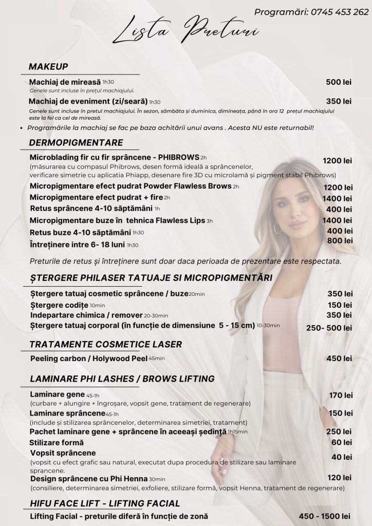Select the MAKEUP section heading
tap(48, 66)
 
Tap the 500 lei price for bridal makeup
tap(339, 82)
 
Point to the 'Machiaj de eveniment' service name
tap(88, 101)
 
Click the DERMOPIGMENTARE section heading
tap(76, 143)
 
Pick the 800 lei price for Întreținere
tap(340, 240)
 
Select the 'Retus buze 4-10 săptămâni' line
tap(81, 232)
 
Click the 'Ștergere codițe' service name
tap(59, 305)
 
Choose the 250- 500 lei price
tap(329, 328)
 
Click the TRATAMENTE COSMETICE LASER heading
tap(105, 344)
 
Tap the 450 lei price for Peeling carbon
tap(340, 358)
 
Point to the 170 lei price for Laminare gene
tap(341, 395)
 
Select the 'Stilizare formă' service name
tap(57, 442)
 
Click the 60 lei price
tap(342, 442)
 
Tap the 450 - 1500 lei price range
tap(325, 516)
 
